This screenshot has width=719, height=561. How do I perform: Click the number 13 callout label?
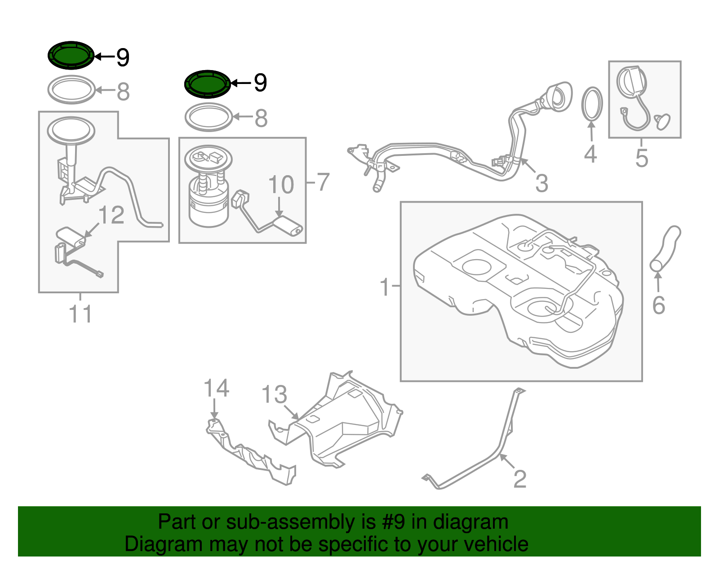(x=274, y=395)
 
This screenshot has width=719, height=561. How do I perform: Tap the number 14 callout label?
(x=216, y=388)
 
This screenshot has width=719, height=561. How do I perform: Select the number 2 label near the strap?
(x=519, y=479)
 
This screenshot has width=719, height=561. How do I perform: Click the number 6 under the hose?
(x=658, y=305)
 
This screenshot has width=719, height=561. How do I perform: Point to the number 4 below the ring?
(x=590, y=154)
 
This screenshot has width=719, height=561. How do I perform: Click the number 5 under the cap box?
(x=642, y=158)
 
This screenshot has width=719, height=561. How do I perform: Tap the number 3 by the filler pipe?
(x=541, y=183)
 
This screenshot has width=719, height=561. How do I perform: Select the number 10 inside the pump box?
(x=281, y=185)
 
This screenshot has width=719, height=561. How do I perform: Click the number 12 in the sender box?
(x=111, y=215)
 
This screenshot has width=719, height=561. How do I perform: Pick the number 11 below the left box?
(x=80, y=314)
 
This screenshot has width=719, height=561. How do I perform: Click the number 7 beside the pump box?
(x=323, y=182)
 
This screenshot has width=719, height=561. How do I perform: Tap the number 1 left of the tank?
(x=385, y=287)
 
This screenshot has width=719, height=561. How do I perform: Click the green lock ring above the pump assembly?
(x=208, y=84)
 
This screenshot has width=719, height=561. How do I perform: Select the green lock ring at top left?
(x=71, y=55)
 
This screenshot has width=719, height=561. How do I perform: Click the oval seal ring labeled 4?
(x=592, y=104)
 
